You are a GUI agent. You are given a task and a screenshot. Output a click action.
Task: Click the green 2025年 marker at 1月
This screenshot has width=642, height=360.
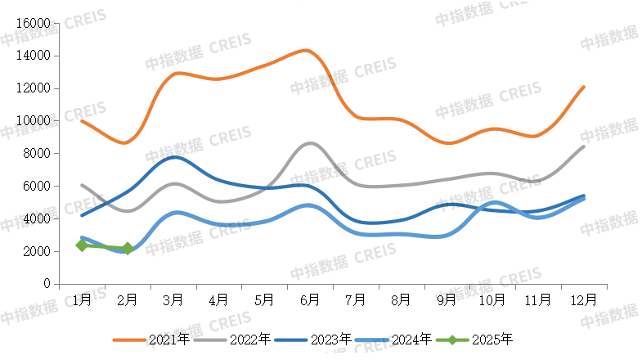tap(82, 245)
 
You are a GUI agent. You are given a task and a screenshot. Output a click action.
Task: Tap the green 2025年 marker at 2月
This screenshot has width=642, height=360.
tap(128, 249)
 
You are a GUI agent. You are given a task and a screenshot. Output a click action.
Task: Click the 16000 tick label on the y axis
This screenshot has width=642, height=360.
tap(34, 24)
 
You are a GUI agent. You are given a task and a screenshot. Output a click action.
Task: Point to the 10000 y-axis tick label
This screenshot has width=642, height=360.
tap(34, 121)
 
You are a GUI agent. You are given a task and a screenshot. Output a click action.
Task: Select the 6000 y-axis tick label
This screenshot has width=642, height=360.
tap(37, 187)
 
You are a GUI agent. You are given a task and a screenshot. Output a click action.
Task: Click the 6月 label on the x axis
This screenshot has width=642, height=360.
tap(309, 300)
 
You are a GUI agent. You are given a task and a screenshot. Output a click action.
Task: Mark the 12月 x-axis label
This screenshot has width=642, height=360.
tap(583, 300)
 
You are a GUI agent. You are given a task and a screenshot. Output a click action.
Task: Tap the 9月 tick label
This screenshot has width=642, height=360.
tap(447, 300)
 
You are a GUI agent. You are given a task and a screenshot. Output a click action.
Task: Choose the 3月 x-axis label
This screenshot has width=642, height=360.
tap(173, 300)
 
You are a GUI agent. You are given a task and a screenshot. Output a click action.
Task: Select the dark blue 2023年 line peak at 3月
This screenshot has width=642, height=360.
tap(174, 157)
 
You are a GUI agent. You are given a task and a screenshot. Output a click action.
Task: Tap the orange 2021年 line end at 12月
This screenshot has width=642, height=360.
tap(583, 87)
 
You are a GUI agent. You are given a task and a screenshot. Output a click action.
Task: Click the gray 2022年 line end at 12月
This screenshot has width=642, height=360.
tap(583, 146)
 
